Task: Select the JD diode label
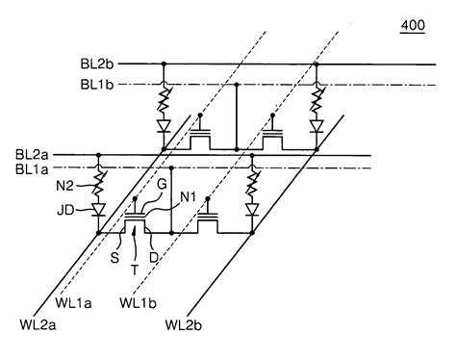point(66,209)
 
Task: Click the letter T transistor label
point(134,269)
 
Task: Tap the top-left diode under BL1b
point(165,125)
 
